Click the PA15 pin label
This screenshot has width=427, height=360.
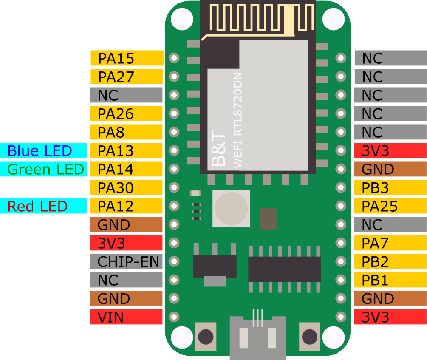pyautogui.click(x=127, y=58)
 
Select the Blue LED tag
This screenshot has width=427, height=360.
pyautogui.click(x=43, y=150)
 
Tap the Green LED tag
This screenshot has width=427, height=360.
pyautogui.click(x=43, y=169)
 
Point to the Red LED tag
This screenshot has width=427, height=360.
pyautogui.click(x=43, y=206)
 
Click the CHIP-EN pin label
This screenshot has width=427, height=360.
pyautogui.click(x=127, y=261)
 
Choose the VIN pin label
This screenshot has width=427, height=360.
pyautogui.click(x=127, y=317)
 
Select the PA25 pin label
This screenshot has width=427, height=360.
pyautogui.click(x=390, y=206)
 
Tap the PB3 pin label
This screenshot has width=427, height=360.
pyautogui.click(x=390, y=187)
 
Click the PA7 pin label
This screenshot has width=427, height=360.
pyautogui.click(x=390, y=243)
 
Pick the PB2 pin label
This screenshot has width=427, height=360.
pyautogui.click(x=390, y=261)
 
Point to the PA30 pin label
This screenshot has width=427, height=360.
pyautogui.click(x=127, y=187)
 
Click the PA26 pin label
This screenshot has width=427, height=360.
pyautogui.click(x=127, y=113)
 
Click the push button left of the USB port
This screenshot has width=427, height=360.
pyautogui.click(x=206, y=337)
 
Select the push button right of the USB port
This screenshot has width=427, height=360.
pyautogui.click(x=309, y=337)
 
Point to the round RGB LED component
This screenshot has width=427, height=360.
pyautogui.click(x=231, y=208)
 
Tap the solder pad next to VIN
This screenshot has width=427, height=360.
pyautogui.click(x=174, y=317)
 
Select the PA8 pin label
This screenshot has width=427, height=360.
pyautogui.click(x=127, y=132)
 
